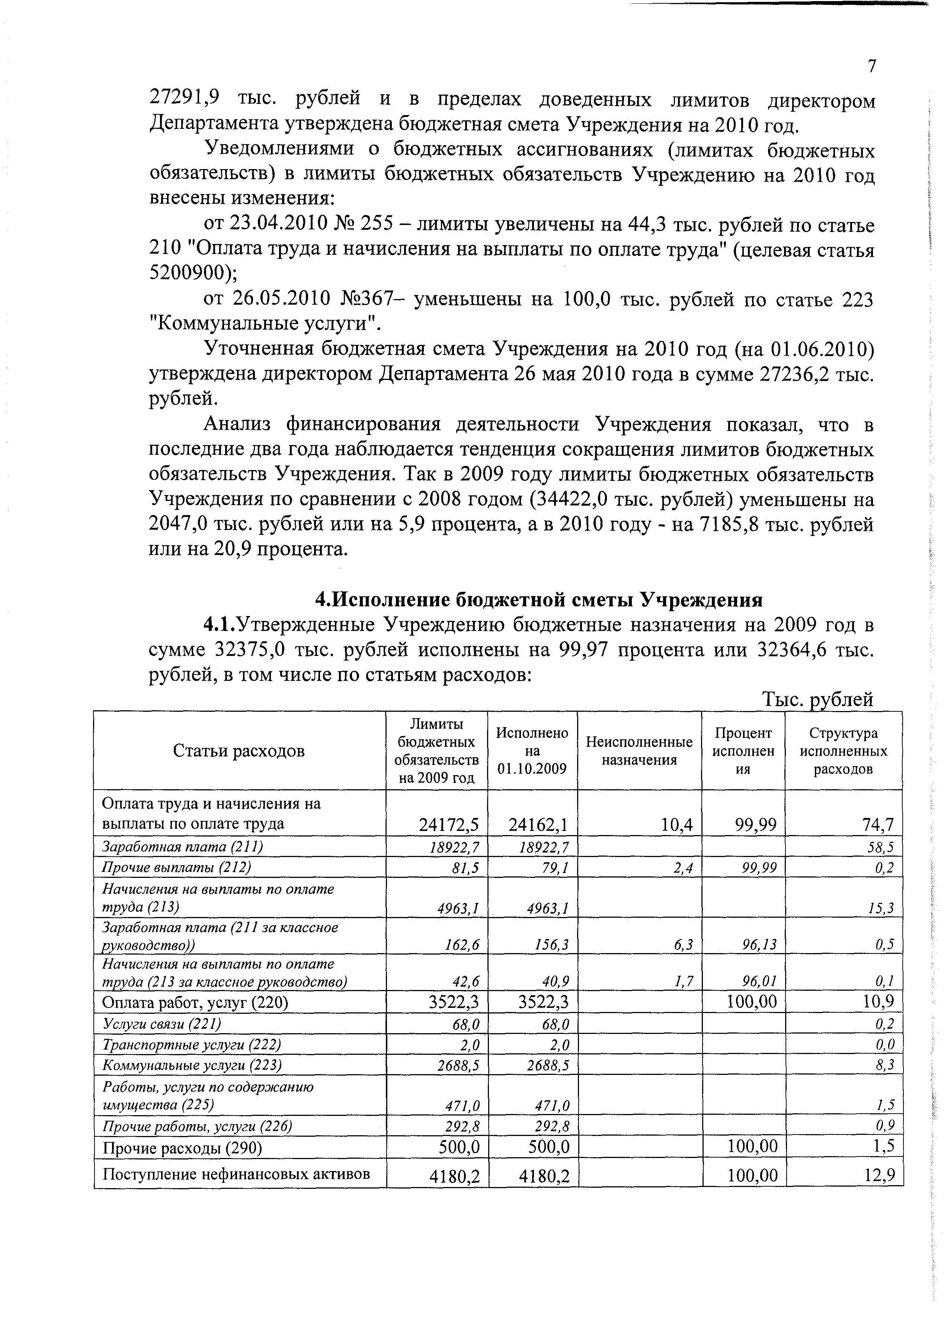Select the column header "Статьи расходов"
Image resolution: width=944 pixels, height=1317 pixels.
click(239, 751)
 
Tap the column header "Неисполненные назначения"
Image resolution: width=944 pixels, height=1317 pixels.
click(639, 751)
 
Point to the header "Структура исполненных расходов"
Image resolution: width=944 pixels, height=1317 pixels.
click(843, 751)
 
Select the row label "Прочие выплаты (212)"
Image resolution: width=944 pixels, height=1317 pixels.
click(176, 867)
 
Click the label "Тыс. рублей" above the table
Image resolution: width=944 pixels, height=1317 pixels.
click(817, 699)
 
